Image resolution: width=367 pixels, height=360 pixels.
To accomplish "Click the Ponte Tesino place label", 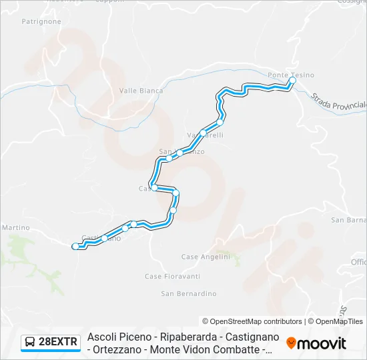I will pos(290,75).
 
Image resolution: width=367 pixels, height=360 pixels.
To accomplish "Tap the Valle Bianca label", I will pos(141,91).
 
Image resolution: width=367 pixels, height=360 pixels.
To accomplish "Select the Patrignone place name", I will pos(41,21).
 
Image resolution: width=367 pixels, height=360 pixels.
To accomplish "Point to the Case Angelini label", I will pos(206,257).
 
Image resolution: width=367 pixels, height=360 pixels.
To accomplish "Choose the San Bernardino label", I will pos(189,293).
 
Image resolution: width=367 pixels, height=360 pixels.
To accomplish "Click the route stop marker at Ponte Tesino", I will pos(292,80).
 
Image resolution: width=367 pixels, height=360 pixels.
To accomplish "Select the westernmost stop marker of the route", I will pos(75,247).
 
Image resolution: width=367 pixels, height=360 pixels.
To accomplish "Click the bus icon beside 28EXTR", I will pos(30,343).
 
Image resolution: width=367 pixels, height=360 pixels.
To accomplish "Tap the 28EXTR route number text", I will pos(59,343).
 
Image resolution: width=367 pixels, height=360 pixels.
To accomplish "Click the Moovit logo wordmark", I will pos(322,343).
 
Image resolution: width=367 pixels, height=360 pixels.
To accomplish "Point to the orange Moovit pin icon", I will pos(291,343).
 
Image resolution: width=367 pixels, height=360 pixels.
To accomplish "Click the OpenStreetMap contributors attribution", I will pos(252,321).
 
